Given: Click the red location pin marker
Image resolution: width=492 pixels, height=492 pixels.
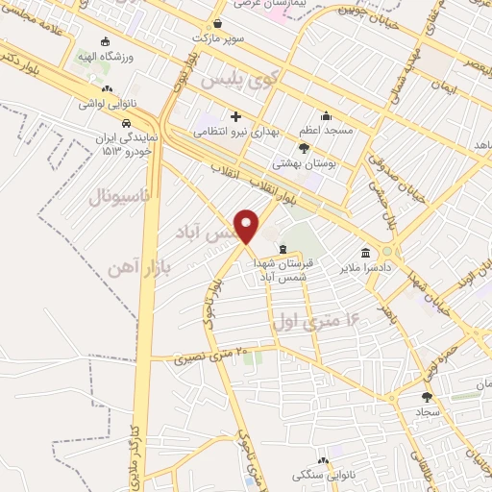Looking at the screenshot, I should (248, 225).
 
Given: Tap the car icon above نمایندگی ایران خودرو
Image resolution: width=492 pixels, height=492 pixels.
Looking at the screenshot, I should (127, 123).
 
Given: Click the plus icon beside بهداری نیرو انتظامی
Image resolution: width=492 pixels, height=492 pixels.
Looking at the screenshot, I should (235, 117).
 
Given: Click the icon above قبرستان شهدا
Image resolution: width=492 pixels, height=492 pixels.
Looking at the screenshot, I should (282, 249).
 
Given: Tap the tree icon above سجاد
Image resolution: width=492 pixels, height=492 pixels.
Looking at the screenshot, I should (427, 396).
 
